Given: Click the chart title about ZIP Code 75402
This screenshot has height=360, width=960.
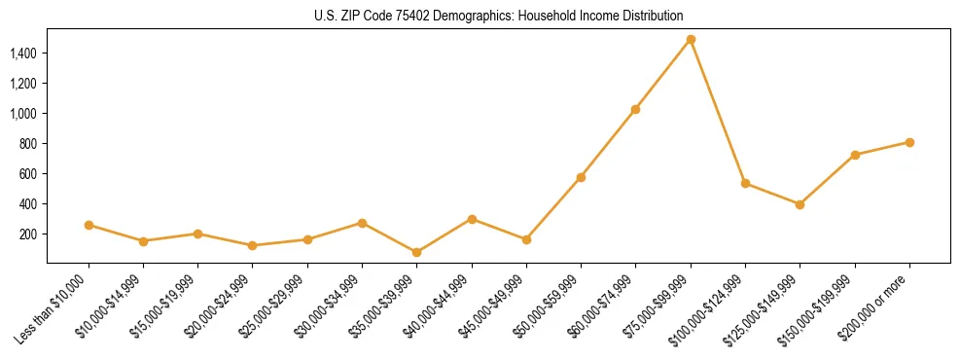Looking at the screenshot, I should (x=499, y=16).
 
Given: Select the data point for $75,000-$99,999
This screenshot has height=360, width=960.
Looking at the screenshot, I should (x=691, y=40).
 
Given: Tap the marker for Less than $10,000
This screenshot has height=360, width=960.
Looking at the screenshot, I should (x=89, y=225).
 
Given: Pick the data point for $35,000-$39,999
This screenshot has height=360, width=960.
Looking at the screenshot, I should (x=416, y=252).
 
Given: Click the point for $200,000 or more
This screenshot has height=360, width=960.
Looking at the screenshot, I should (x=909, y=142).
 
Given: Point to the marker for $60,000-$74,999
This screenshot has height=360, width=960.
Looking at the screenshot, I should (x=635, y=109).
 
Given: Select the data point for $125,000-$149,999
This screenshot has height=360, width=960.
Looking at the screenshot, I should (x=800, y=204).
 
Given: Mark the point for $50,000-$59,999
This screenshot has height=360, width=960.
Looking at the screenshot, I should (x=581, y=177).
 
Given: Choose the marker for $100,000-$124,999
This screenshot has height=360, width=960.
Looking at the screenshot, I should (x=745, y=183).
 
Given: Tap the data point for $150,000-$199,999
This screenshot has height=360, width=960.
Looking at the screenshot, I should (x=855, y=155).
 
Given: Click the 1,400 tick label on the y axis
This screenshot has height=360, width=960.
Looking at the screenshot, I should (x=22, y=53).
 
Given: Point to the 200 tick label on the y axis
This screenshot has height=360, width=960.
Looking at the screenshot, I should (x=27, y=234).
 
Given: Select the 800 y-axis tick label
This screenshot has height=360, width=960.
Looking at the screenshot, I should (x=27, y=144).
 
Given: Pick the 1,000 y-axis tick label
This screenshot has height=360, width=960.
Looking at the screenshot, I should (x=22, y=114).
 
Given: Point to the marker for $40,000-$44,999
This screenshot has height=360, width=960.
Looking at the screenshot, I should (x=472, y=219).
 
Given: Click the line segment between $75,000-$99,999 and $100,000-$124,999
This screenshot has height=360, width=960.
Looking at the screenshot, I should (x=718, y=112).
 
